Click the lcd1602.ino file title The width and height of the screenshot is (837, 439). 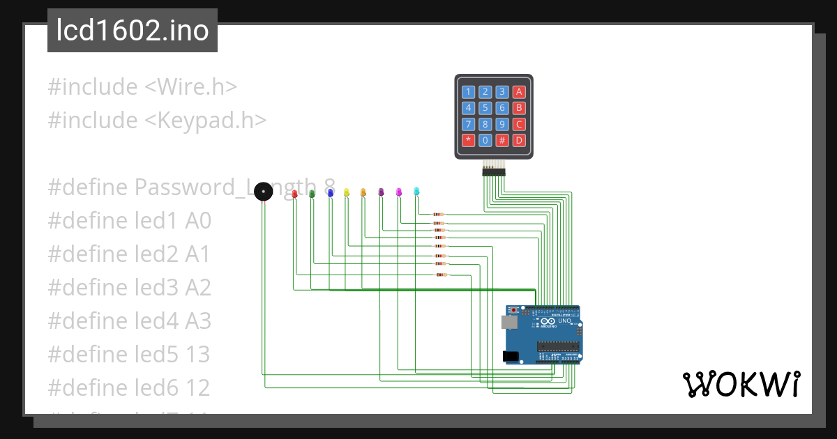click(133, 31)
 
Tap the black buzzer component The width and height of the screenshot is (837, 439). click(263, 192)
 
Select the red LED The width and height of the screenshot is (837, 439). click(294, 193)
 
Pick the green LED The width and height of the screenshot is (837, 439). click(312, 192)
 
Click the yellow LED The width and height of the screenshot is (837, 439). click(346, 192)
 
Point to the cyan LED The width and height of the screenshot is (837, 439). click(416, 190)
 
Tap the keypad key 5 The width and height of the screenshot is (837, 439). click(485, 108)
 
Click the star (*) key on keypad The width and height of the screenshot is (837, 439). click(469, 140)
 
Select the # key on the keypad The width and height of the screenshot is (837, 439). click(502, 140)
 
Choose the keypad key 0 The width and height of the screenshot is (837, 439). click(485, 140)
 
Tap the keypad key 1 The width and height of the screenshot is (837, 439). click(469, 91)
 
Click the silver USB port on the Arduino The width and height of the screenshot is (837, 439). click(508, 321)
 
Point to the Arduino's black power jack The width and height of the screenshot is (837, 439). click(511, 356)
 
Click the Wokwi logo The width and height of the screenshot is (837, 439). click(741, 384)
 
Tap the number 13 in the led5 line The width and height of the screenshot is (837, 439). click(197, 355)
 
